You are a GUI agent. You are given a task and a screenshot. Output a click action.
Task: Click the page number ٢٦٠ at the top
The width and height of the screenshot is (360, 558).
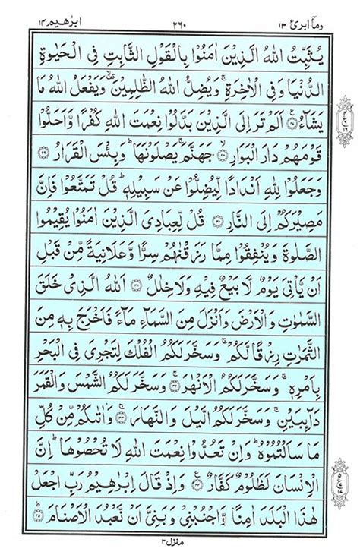179,13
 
